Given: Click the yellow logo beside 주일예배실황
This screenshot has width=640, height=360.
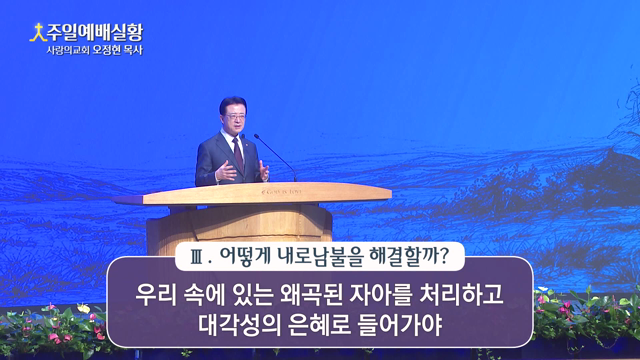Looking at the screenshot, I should pos(36,32).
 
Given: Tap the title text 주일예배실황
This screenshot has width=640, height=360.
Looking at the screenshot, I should pos(95,32).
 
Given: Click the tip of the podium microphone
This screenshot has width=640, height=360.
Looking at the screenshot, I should pos(255,136).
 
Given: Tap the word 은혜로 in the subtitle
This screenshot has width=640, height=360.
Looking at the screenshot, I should pos(313,326).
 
